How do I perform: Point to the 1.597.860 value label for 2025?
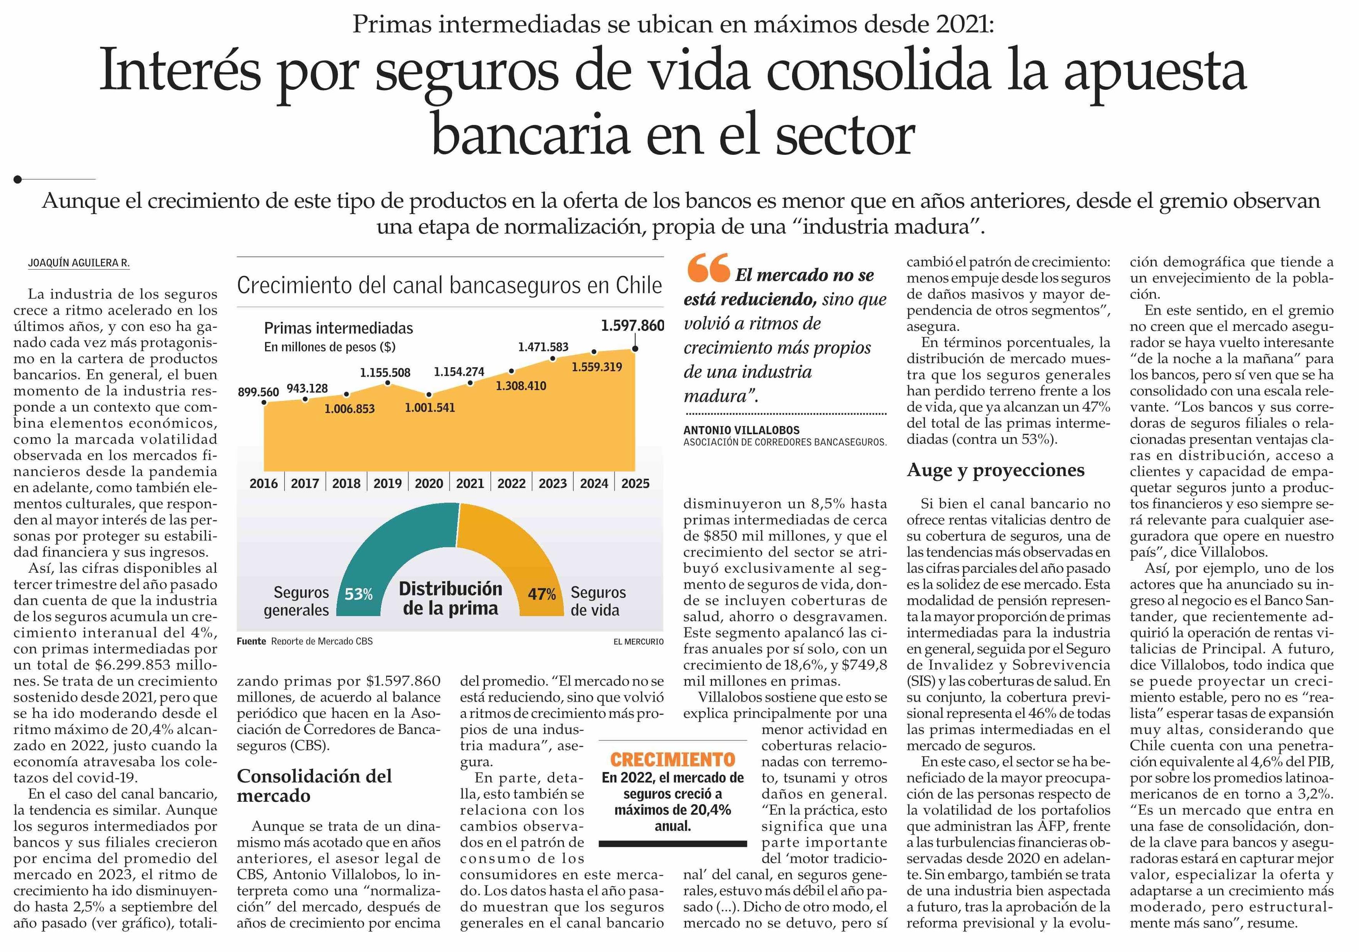632,325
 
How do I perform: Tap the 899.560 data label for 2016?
258,392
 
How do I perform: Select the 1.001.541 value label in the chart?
430,408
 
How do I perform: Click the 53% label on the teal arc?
359,594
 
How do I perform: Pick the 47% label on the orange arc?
542,594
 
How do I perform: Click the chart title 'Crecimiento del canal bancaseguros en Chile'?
449,285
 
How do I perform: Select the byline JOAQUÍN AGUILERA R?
79,263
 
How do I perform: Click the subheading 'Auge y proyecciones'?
996,470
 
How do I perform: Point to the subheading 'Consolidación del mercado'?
314,786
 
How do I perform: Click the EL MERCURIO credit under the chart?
638,642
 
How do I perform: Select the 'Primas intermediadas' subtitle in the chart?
339,328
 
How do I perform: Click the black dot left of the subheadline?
18,179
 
